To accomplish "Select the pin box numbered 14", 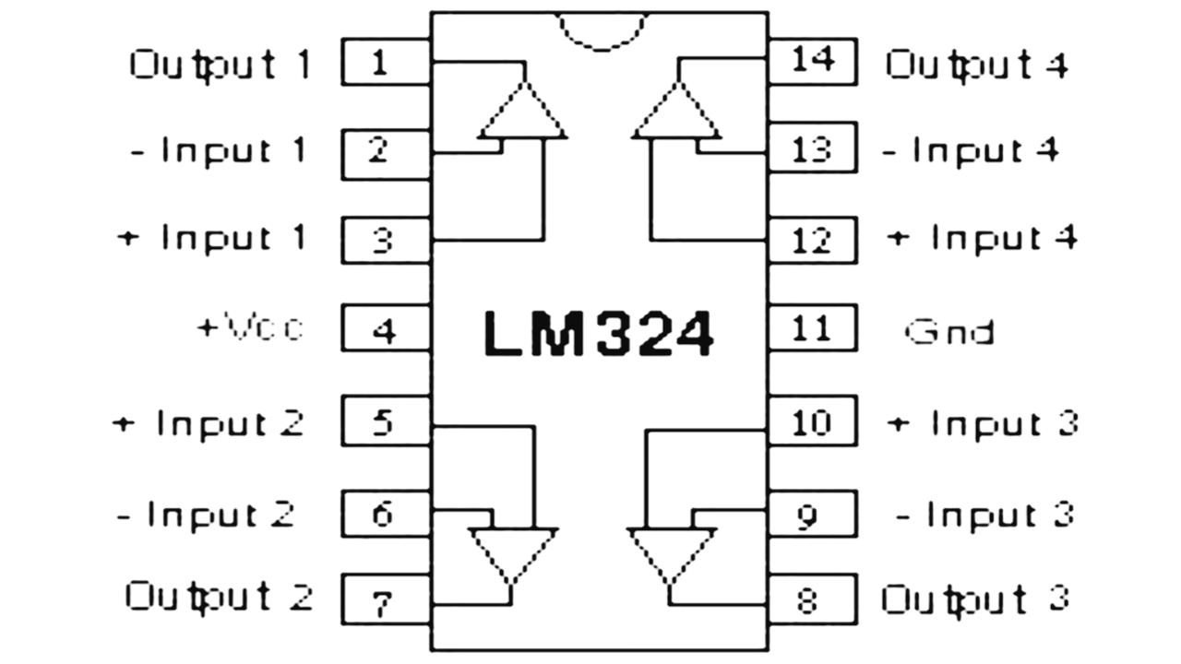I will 812,62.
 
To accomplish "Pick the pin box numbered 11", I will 812,328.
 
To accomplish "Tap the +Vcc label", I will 250,328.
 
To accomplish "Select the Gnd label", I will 949,331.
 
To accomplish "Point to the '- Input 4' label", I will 971,149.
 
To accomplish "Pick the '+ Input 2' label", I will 209,423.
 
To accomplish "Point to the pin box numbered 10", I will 812,421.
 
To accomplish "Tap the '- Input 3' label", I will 985,514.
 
